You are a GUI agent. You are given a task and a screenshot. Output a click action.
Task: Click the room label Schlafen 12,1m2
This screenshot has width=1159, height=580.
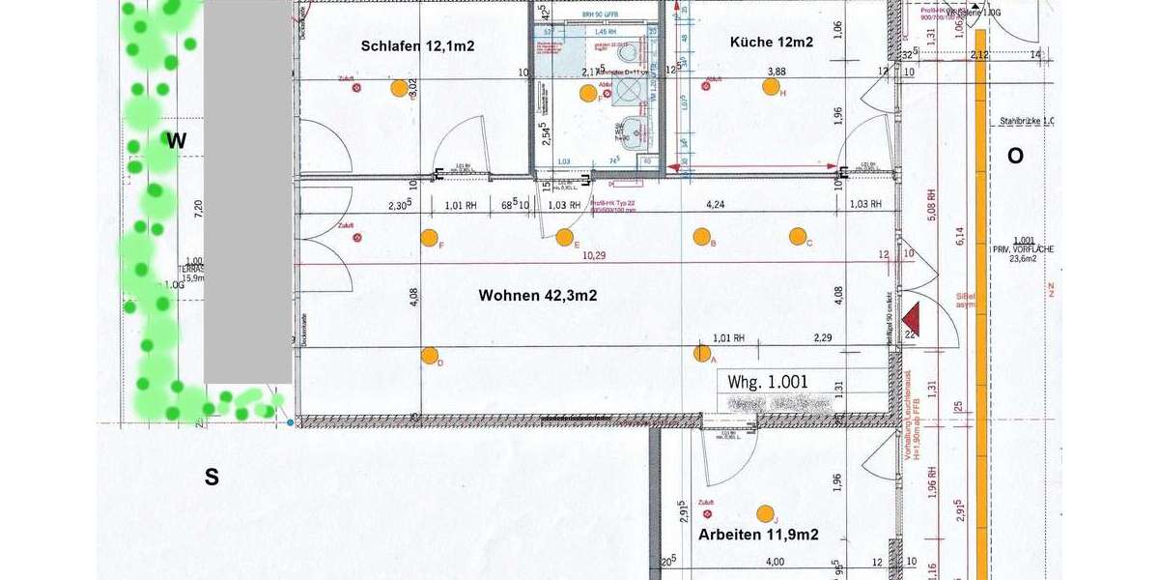(417, 45)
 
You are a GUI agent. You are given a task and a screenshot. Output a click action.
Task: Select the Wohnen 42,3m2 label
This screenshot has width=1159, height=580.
(538, 296)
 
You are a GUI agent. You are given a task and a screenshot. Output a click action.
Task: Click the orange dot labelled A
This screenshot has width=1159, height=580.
(702, 353)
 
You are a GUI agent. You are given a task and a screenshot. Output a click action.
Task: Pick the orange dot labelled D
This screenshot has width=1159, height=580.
(430, 355)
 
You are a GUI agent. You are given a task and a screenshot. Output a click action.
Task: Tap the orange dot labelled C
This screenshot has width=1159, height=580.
(798, 236)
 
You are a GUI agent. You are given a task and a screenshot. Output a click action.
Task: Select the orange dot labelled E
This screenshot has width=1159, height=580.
(565, 237)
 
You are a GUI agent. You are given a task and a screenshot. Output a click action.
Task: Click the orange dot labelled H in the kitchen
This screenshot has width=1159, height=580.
(770, 87)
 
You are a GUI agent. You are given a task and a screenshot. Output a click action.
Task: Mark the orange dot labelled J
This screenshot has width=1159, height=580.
(766, 513)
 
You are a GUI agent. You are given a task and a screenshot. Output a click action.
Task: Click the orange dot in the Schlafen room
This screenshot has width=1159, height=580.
(399, 89)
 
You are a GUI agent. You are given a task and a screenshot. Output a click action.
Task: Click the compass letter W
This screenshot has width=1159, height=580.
(176, 141)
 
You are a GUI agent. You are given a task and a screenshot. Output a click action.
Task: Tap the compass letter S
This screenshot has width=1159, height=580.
(212, 476)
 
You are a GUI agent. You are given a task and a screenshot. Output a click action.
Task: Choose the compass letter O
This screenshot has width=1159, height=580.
(1015, 156)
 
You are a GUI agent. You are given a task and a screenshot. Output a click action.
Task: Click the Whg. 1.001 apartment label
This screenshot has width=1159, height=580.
(768, 382)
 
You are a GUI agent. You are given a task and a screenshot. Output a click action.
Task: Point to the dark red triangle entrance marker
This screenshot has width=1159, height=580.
(910, 320)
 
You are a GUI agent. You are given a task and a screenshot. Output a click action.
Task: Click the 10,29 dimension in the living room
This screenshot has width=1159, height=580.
(595, 257)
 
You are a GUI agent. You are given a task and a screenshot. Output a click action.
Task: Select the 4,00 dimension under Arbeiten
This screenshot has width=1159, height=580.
(775, 562)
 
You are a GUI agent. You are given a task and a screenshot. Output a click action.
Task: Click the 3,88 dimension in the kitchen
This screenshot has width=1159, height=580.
(776, 72)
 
